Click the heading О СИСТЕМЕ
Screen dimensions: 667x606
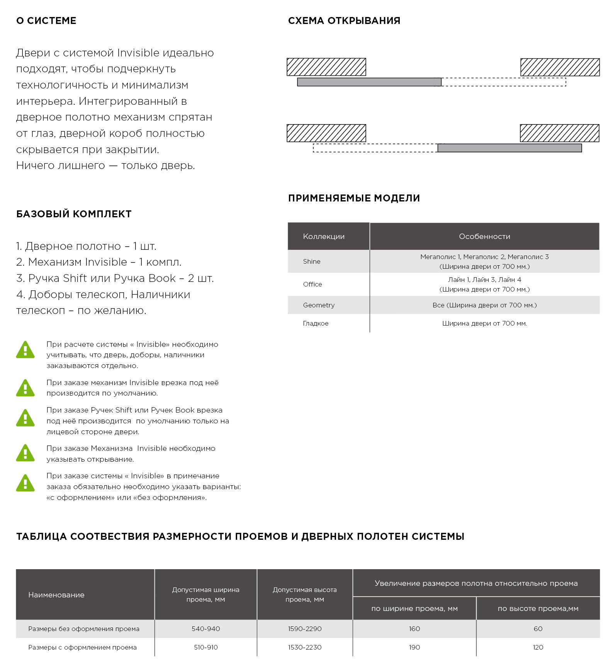(46, 21)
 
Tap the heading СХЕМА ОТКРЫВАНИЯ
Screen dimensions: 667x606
(344, 21)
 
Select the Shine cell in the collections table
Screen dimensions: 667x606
(312, 261)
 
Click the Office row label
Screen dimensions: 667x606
(312, 284)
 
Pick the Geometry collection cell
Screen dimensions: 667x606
(319, 305)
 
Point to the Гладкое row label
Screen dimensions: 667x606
(316, 323)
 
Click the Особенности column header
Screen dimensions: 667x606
(484, 236)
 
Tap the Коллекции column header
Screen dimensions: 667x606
(324, 236)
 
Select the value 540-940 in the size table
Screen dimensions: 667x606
(206, 629)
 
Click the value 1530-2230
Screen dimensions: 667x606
(305, 647)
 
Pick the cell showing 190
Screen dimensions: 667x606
(414, 647)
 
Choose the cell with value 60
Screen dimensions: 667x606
(538, 629)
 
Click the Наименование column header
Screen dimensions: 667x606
(56, 595)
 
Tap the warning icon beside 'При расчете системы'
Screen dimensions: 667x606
(25, 350)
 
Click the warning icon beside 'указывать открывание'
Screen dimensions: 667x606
(25, 453)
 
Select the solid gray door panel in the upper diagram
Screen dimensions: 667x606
(369, 82)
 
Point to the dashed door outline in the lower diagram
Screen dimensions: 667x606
(375, 148)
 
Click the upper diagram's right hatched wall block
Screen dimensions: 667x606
(560, 67)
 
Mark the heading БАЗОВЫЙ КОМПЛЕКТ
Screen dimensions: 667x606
(74, 214)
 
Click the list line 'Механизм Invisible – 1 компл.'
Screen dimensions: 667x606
(99, 262)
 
